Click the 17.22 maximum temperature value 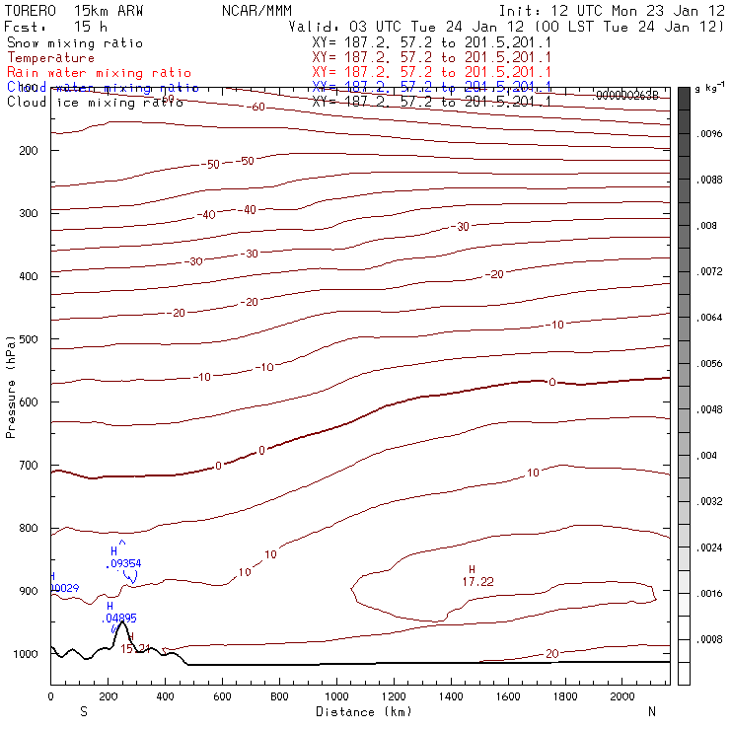coord(477,583)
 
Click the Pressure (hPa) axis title coord(12,385)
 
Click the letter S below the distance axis coord(84,711)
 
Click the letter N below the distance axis coord(652,711)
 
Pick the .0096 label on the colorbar coord(710,133)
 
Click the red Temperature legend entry coord(50,58)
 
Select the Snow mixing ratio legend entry coord(74,43)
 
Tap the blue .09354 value coord(123,563)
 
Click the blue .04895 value coord(120,618)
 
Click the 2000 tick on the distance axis coord(622,696)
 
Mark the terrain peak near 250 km coord(121,623)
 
